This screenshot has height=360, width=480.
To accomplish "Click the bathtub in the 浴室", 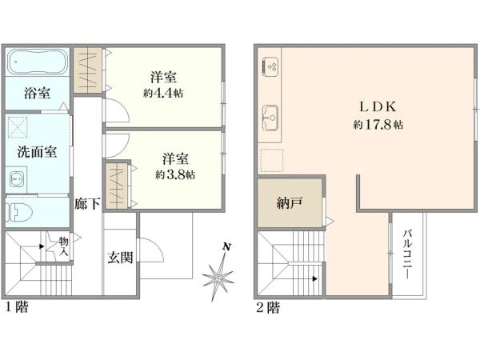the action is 38,62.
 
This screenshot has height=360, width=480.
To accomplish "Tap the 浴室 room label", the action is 38,93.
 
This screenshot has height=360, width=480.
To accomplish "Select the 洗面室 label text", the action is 37,151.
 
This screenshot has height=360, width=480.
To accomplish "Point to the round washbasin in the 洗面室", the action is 15,179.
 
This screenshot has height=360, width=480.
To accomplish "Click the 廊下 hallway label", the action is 87,204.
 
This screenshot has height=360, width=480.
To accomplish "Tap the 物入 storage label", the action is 64,247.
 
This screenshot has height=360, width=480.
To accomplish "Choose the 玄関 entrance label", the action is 120,258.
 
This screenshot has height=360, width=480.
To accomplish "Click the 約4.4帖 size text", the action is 163,93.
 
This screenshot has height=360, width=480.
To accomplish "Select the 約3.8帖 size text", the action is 174,174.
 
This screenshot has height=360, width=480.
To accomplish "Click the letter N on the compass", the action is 226,246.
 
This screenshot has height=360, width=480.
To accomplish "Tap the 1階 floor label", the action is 17,307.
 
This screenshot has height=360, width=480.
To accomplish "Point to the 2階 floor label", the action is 268,308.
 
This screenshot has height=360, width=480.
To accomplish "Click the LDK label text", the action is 378,107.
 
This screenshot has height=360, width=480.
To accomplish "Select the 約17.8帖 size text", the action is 378,125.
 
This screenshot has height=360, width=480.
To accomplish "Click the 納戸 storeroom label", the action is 290,202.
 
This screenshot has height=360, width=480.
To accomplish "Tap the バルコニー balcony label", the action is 407,254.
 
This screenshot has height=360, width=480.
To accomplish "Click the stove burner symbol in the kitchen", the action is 270,67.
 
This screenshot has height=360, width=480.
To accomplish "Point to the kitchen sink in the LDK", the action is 270,118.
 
